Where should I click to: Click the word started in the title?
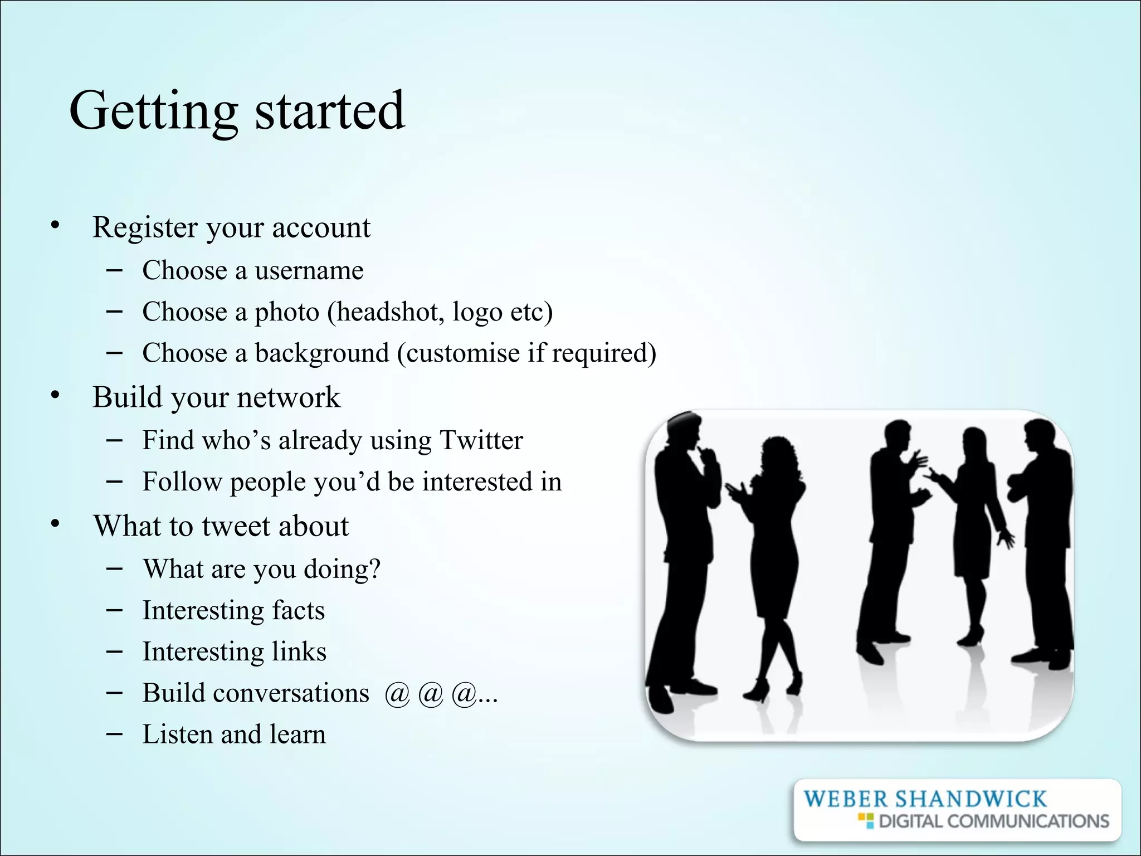click(x=329, y=111)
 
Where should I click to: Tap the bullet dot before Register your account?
click(x=55, y=226)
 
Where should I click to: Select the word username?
click(x=309, y=271)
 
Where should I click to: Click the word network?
click(x=288, y=397)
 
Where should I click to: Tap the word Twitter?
click(x=481, y=440)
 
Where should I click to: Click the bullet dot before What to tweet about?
click(x=55, y=524)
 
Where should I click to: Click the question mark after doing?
click(x=374, y=568)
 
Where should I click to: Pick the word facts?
click(x=298, y=610)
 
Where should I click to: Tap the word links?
click(x=299, y=651)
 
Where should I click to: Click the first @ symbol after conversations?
click(x=397, y=694)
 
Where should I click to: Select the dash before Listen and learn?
click(x=114, y=733)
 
